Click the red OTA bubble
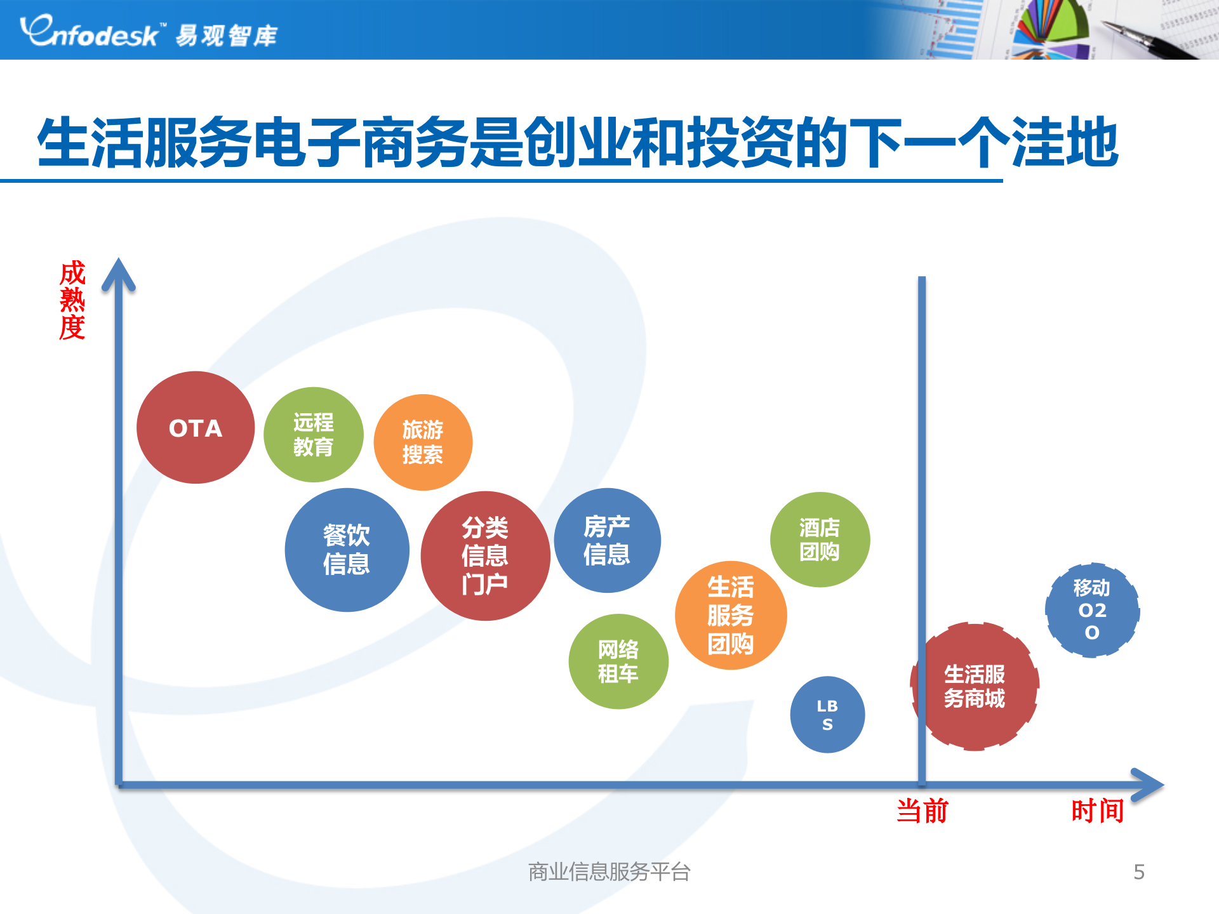point(196,428)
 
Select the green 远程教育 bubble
point(314,435)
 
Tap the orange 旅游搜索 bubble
point(423,442)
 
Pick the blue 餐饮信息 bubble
point(347,550)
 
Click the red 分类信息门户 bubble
point(485,556)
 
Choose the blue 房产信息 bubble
point(607,540)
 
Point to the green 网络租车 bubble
point(618,661)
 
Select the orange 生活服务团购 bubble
point(731,615)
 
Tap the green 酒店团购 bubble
point(820,540)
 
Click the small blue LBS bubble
point(827,715)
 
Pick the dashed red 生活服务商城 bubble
point(975,686)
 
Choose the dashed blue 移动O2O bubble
point(1092,610)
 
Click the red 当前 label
point(922,811)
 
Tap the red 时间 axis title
point(1097,811)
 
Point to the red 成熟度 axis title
point(72,300)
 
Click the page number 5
point(1139,872)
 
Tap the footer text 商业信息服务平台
point(609,872)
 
